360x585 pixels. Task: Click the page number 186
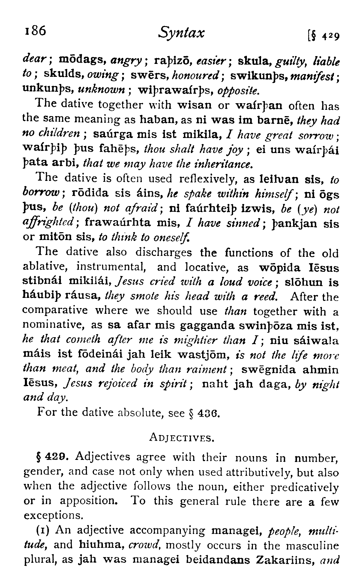tap(35, 31)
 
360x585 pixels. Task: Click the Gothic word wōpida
tap(280, 267)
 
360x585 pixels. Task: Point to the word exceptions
tap(52, 516)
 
